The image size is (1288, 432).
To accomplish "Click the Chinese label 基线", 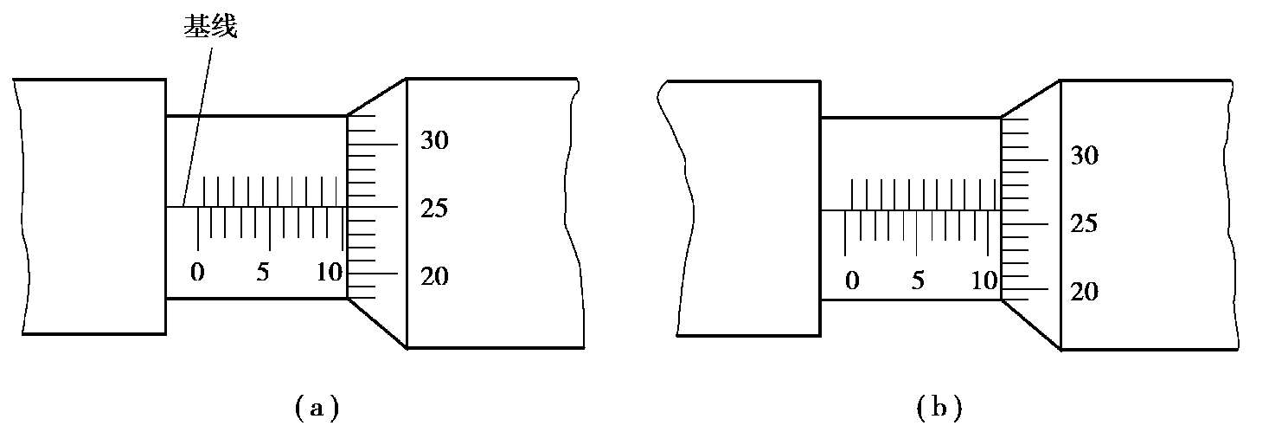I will tap(209, 28).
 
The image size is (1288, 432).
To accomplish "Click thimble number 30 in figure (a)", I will tap(434, 140).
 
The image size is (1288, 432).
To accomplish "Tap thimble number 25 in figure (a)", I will tap(434, 209).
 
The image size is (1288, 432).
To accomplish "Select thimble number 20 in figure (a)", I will tap(434, 277).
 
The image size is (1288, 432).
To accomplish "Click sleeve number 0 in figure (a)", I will tap(198, 272).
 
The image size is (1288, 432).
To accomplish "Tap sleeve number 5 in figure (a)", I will tap(263, 272).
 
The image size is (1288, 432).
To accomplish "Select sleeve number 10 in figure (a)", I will tap(329, 272).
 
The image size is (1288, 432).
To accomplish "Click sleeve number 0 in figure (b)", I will tap(852, 280).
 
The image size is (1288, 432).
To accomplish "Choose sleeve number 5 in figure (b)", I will tap(918, 280).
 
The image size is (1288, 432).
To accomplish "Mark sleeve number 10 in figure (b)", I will tap(984, 280).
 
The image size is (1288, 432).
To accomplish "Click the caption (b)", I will tap(939, 407).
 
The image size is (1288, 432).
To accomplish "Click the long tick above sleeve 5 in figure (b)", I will tap(917, 233).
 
